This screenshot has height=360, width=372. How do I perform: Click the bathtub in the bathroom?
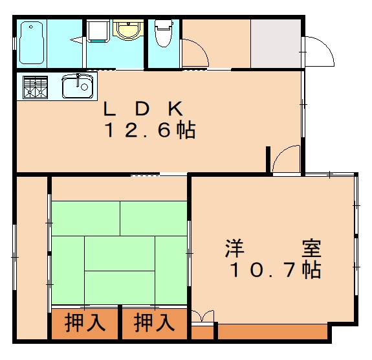coord(32,43)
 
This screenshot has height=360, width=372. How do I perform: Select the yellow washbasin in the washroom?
coord(127,30)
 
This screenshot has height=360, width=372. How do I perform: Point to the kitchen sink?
coord(78,86)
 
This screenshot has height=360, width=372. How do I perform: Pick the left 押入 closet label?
coord(85,322)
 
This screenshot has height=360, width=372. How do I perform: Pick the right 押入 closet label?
coord(154,322)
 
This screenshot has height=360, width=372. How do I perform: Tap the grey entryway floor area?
coord(276,43)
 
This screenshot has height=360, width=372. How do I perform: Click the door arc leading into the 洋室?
coord(285,159)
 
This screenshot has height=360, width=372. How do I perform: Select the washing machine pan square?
coord(98,31)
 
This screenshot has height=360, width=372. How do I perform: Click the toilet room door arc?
coord(195,52)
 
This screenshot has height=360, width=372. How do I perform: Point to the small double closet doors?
coord(202,317)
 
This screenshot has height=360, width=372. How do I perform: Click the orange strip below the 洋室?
coord(272,332)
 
